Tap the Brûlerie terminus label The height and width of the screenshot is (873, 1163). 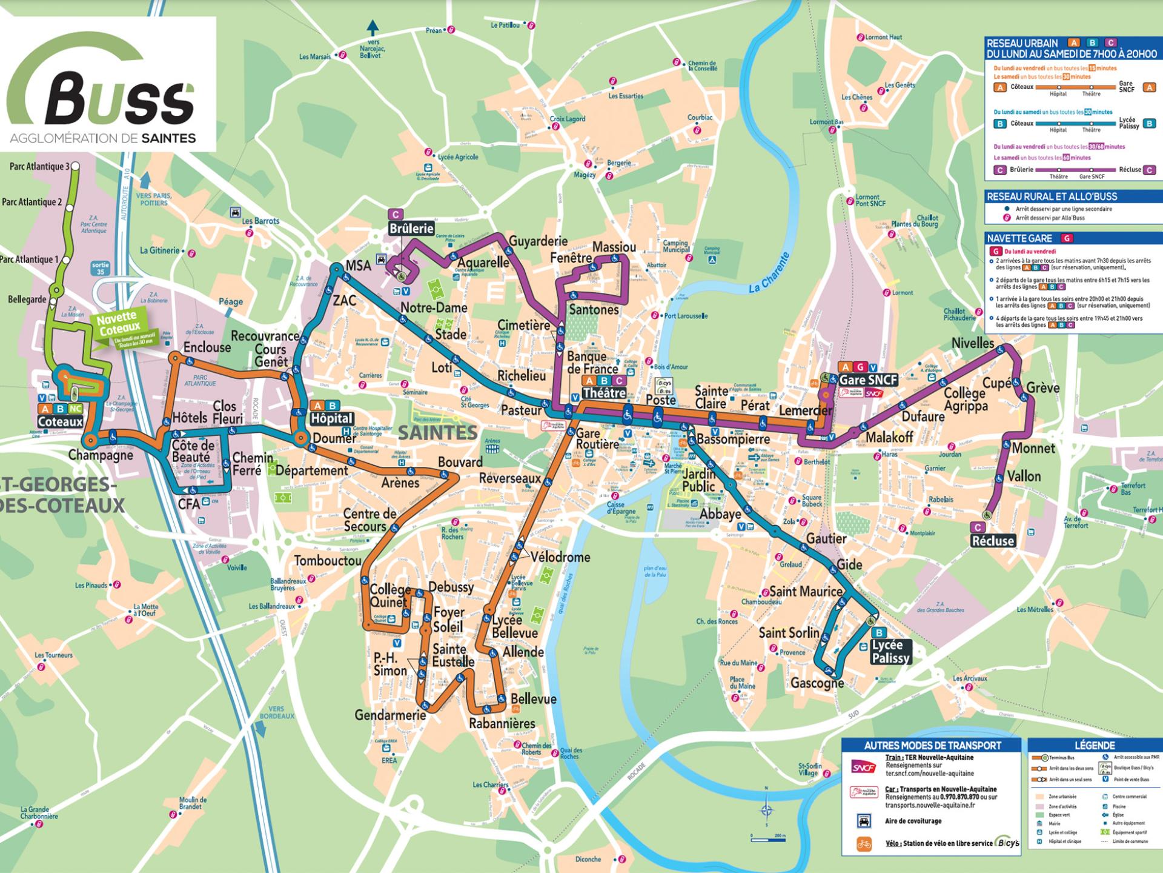click(x=411, y=229)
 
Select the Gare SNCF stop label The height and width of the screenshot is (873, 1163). click(x=867, y=380)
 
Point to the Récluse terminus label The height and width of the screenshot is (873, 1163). click(x=992, y=541)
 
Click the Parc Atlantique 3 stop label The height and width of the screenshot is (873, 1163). click(x=39, y=166)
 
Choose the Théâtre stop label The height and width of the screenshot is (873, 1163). click(x=603, y=393)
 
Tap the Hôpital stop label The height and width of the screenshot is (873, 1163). click(x=331, y=418)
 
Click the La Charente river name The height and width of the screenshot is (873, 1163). click(x=770, y=273)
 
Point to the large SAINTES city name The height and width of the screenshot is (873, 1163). click(x=437, y=433)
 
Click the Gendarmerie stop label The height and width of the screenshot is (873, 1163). click(x=390, y=715)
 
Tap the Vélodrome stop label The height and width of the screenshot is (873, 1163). click(x=560, y=557)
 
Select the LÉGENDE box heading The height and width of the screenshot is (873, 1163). click(x=1094, y=745)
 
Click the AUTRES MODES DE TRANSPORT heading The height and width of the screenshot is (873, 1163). click(x=932, y=745)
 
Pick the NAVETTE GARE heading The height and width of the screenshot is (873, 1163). click(x=1019, y=238)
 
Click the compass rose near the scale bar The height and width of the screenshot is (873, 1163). click(x=767, y=811)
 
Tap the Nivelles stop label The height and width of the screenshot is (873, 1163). click(x=972, y=343)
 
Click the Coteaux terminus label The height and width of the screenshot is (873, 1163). click(x=60, y=422)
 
